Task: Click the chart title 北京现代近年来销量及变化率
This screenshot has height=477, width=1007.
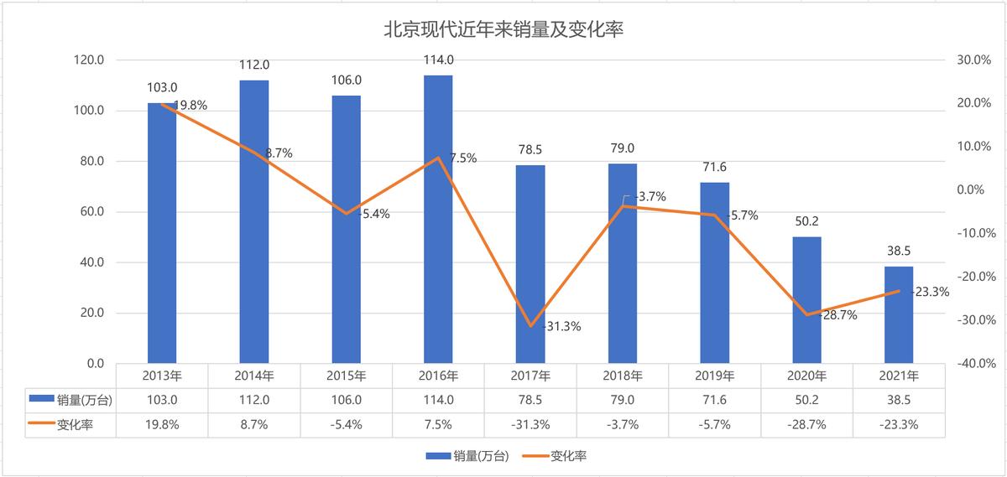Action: [503, 30]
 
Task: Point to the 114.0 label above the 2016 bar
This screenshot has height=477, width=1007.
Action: [439, 60]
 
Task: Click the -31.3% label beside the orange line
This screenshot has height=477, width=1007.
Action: [562, 326]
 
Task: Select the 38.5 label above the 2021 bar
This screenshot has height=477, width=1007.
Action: [899, 251]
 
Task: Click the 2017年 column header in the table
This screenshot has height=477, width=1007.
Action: [530, 376]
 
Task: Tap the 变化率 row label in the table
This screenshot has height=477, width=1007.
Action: [75, 425]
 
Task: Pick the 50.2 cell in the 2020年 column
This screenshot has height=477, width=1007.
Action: [806, 401]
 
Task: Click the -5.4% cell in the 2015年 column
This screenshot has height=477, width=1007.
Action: [347, 425]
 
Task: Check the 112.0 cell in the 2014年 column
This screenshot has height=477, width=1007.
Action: [254, 401]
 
